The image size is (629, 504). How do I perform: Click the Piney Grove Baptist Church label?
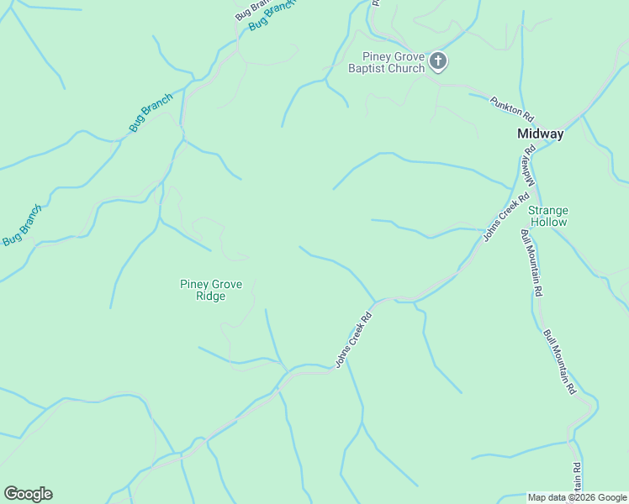click(387, 61)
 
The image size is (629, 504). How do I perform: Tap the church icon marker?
click(438, 60)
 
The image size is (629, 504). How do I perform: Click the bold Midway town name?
click(540, 134)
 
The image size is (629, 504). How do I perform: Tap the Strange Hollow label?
click(548, 216)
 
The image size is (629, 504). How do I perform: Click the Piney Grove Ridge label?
click(211, 290)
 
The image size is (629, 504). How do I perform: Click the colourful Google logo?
click(28, 494)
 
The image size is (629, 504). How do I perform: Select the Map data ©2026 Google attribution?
click(577, 497)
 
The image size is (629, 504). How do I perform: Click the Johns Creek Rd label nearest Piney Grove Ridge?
click(353, 341)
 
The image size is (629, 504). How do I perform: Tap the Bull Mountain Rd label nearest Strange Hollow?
click(530, 262)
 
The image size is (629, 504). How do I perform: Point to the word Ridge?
click(211, 296)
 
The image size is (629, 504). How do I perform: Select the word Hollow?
click(548, 222)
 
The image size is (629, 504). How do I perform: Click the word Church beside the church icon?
click(405, 68)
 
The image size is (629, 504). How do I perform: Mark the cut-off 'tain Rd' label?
click(578, 479)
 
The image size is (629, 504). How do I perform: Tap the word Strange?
click(548, 210)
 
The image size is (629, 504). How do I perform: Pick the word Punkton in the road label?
click(507, 102)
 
